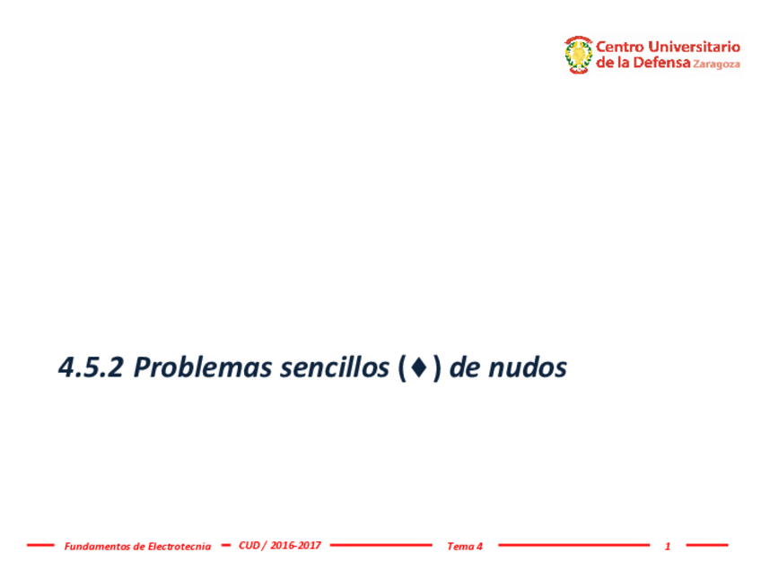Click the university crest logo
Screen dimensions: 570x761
(578, 55)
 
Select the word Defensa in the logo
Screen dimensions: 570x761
(661, 64)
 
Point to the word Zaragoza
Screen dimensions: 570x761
(717, 65)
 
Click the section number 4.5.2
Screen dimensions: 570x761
(90, 367)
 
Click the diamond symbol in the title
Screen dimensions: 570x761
(420, 368)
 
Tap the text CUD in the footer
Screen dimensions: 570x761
(249, 545)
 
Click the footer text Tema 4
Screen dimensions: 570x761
(465, 546)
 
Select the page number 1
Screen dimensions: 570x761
(668, 546)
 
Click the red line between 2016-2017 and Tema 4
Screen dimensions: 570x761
(380, 544)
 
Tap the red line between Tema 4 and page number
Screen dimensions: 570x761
(573, 544)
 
